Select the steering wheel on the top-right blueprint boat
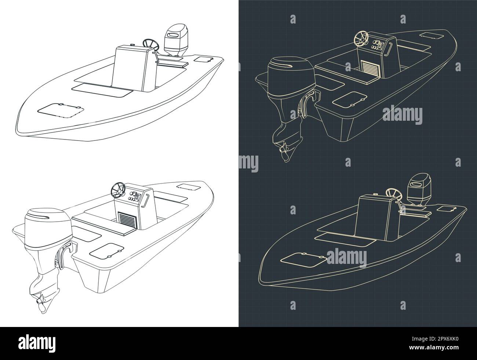pyautogui.click(x=362, y=38)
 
